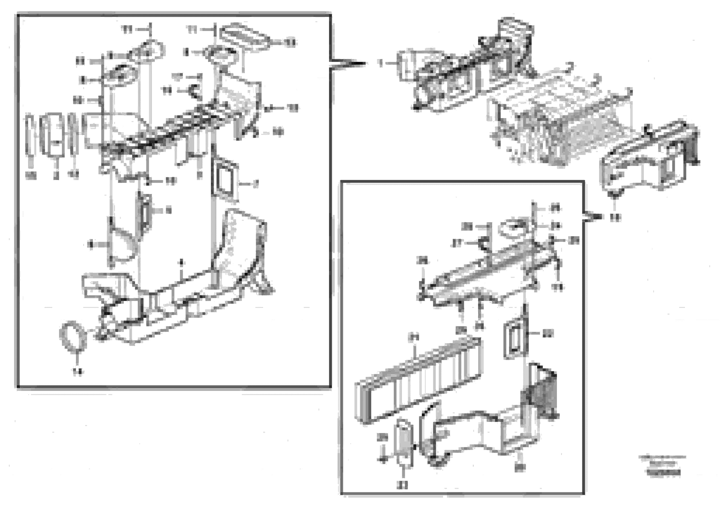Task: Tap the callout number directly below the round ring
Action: (77, 372)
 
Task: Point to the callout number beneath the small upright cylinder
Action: (402, 485)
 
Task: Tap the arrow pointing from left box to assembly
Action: (348, 64)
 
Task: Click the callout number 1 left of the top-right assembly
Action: (381, 64)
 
